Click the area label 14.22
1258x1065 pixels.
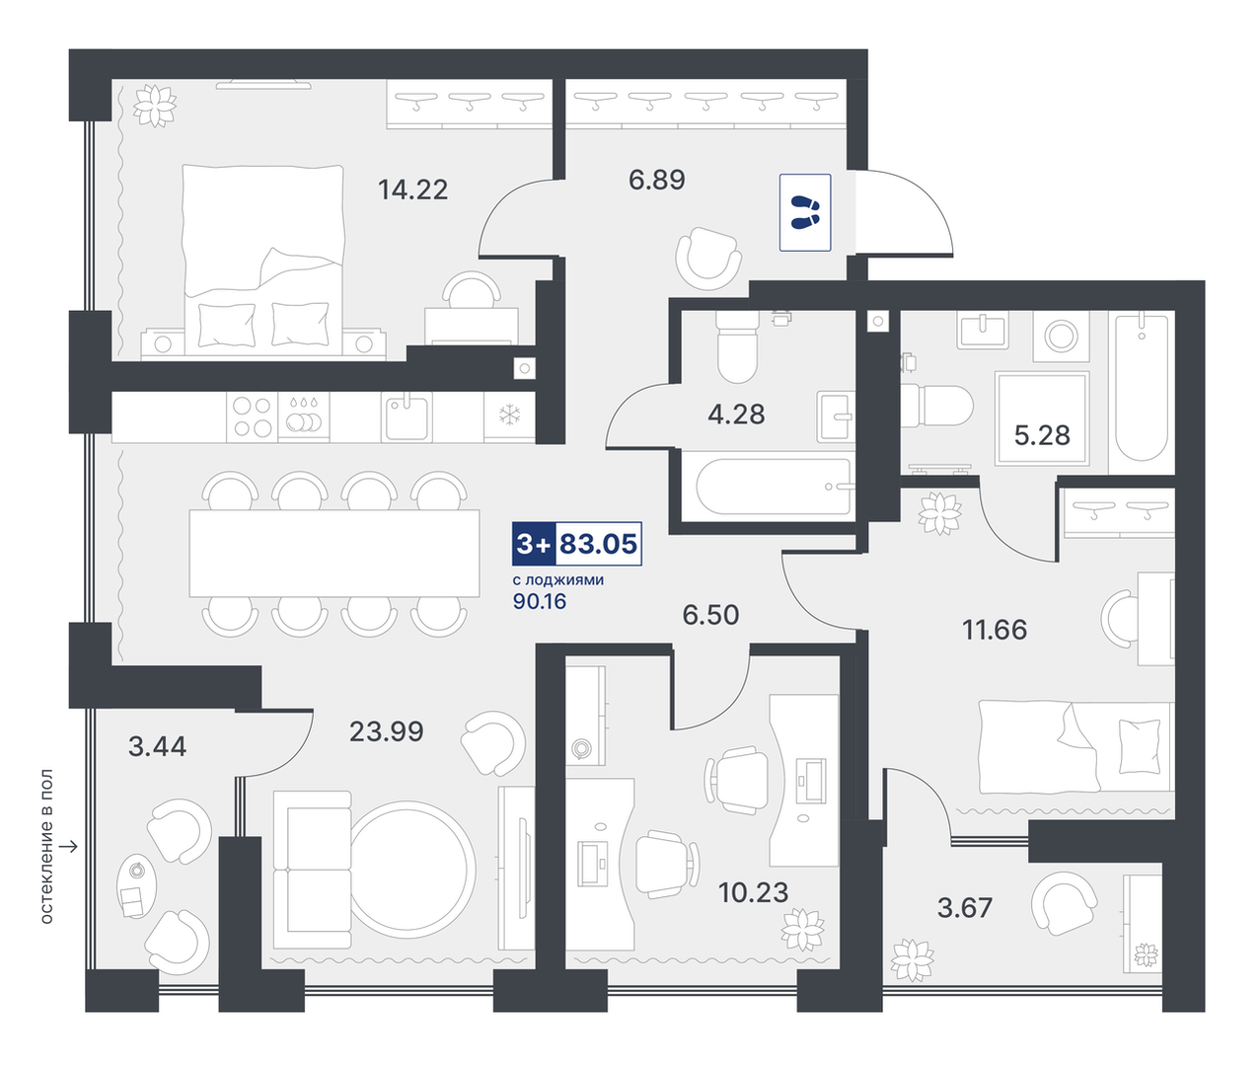pos(412,190)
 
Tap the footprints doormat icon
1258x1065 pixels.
pos(805,212)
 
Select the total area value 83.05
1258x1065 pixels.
pos(598,543)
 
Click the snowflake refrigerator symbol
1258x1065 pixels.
pos(509,416)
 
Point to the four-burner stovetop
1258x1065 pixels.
pos(253,417)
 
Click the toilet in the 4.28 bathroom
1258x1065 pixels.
pos(737,347)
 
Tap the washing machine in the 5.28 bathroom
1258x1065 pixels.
pos(1061,337)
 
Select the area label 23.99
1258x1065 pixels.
pos(386,730)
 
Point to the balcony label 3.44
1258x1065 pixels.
pos(157,746)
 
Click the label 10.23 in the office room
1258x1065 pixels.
pos(754,892)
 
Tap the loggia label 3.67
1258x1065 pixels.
pos(965,908)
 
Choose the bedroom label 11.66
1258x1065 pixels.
pos(995,630)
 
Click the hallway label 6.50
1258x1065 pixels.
pos(710,615)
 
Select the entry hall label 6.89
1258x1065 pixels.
pos(657,180)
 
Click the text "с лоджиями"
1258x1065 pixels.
pos(558,579)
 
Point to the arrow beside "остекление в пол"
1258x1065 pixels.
pos(70,847)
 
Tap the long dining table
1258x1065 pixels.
pos(334,553)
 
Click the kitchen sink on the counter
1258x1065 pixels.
pos(407,417)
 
